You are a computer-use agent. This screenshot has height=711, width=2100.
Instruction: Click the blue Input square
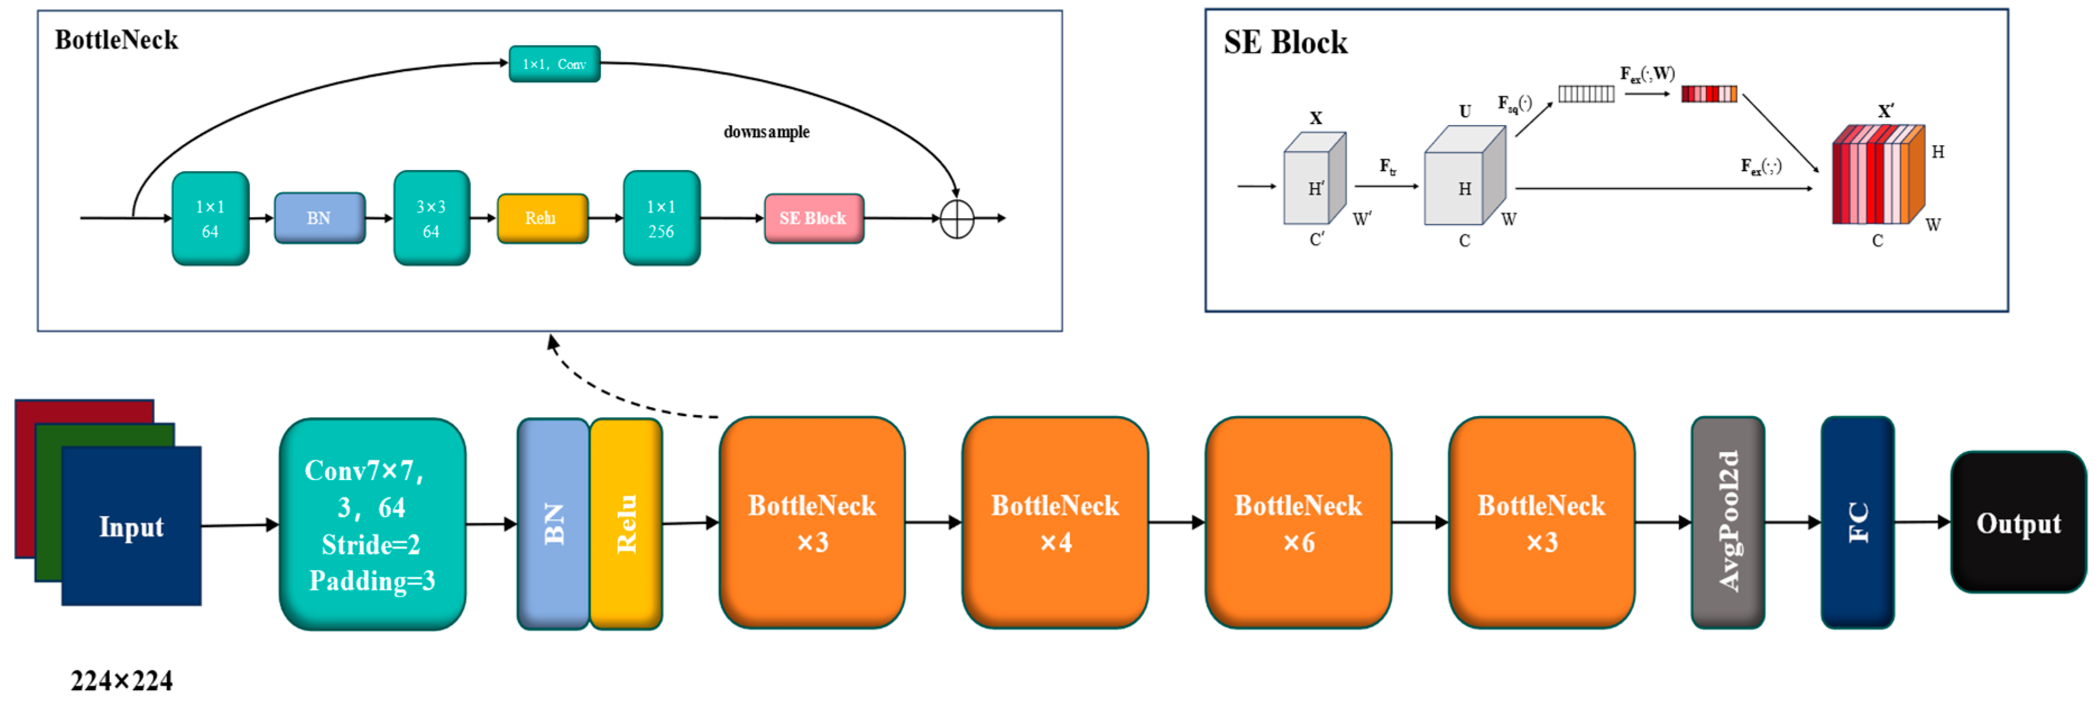point(131,526)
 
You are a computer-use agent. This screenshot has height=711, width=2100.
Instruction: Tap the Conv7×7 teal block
point(372,524)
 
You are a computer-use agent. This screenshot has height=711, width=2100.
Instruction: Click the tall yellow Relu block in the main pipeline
point(625,524)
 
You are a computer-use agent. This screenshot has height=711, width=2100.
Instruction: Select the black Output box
point(2018,522)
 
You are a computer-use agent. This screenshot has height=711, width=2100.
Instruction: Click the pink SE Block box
point(813,218)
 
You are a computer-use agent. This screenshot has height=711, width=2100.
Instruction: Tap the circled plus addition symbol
point(956,219)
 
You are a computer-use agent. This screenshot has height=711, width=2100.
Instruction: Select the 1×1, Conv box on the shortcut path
point(554,63)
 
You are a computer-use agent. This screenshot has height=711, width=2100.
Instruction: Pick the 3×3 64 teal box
point(431,218)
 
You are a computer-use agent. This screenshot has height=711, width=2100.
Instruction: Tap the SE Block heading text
point(1285,43)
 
